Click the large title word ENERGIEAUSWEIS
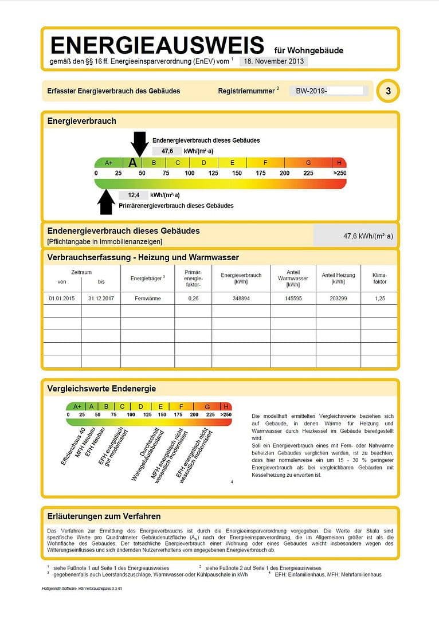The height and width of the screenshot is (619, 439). click(x=157, y=45)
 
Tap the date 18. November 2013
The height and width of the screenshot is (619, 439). click(x=273, y=61)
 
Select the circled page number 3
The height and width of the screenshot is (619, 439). click(x=388, y=91)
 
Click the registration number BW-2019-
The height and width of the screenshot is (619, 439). click(x=311, y=91)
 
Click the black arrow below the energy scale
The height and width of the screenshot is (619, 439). click(x=106, y=202)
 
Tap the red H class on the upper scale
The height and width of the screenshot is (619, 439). click(x=339, y=163)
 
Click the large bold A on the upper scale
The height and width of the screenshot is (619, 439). click(x=133, y=162)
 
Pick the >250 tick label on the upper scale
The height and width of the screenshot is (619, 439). click(x=339, y=173)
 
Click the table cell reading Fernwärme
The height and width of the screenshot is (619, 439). click(x=148, y=299)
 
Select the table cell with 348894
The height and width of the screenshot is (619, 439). click(x=241, y=299)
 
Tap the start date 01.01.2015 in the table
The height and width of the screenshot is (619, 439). click(x=62, y=299)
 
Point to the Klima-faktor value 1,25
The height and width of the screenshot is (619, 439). click(x=379, y=299)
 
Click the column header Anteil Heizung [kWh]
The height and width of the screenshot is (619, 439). click(x=338, y=278)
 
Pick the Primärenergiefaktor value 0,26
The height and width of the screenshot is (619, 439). click(x=193, y=299)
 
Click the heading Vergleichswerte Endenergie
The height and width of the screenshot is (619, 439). click(x=101, y=389)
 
